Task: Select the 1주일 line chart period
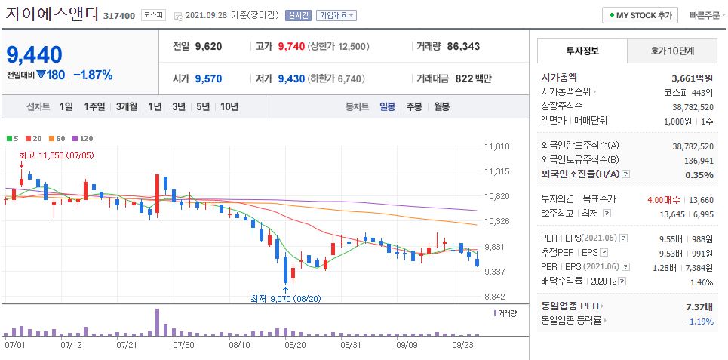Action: pos(95,106)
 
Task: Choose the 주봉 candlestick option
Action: pos(413,106)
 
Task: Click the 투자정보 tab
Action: pos(582,51)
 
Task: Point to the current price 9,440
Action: pos(35,54)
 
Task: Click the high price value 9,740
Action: pos(291,46)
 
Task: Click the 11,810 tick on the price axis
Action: pos(497,146)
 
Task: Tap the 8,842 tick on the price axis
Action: pos(497,297)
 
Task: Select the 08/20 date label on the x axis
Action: pos(295,345)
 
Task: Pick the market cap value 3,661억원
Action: pos(692,77)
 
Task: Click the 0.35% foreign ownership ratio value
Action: pos(699,174)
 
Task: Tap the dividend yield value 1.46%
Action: pos(701,282)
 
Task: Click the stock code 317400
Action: pos(118,16)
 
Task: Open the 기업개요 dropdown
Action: pos(336,15)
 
